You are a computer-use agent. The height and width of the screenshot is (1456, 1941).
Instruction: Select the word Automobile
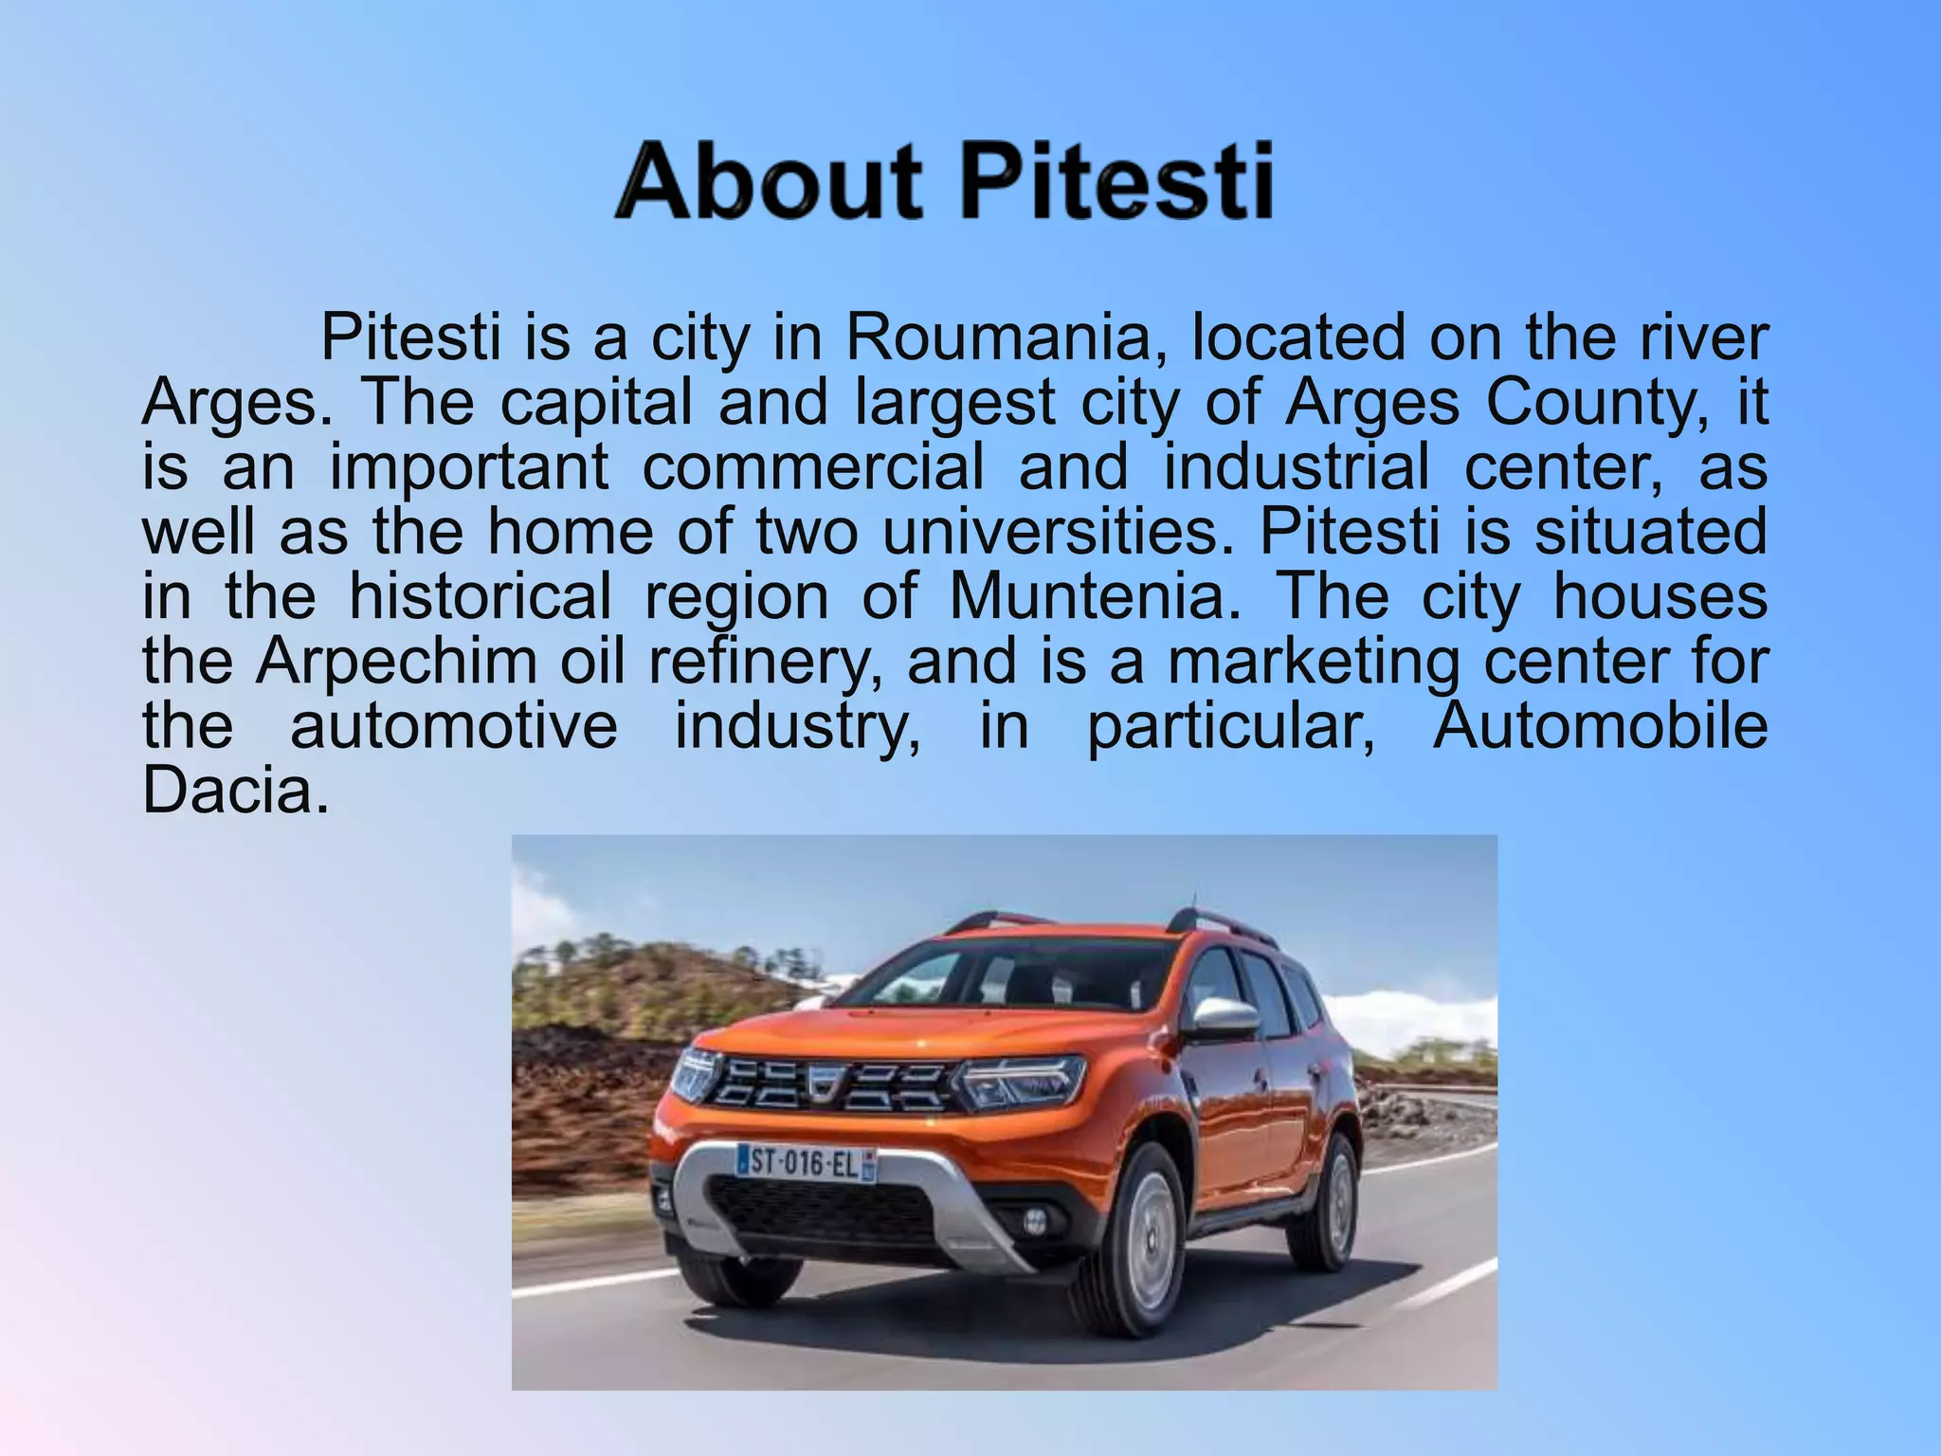click(x=1600, y=726)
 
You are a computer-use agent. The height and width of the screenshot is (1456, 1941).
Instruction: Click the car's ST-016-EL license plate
click(x=807, y=1163)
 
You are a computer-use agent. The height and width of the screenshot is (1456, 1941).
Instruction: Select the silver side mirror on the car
click(x=1224, y=1017)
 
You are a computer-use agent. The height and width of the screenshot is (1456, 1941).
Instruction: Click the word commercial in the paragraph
click(x=813, y=468)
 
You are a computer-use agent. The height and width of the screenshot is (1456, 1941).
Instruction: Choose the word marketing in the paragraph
click(x=1313, y=662)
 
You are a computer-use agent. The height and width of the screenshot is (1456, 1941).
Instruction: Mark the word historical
click(x=481, y=597)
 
